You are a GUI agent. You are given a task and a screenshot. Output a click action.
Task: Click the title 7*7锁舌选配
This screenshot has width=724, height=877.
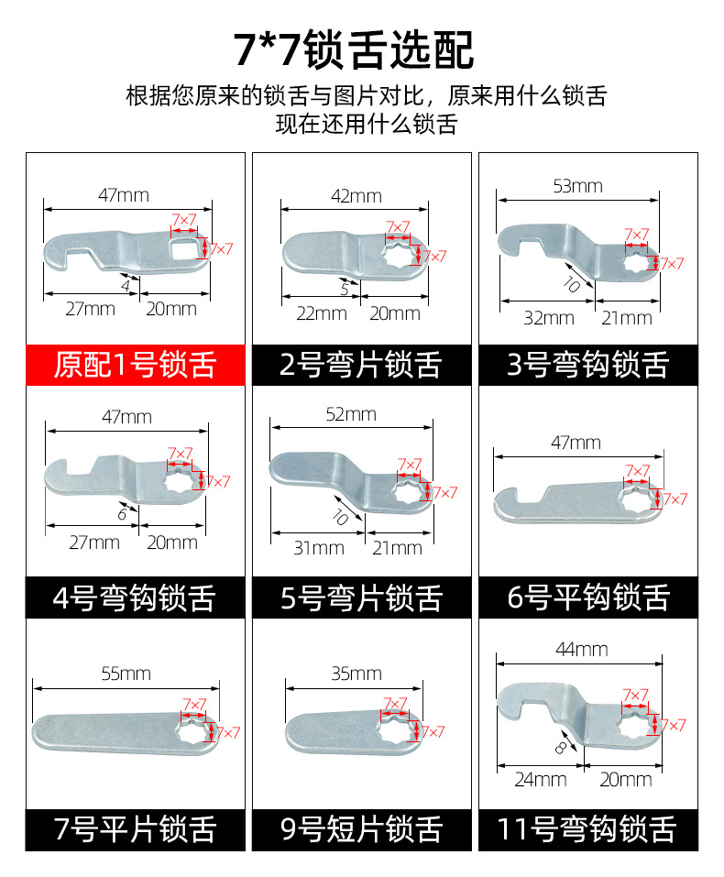(354, 49)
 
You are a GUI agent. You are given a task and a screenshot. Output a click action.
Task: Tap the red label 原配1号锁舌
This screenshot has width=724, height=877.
(135, 364)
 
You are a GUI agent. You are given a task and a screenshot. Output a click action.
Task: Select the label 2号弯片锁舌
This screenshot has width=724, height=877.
(361, 364)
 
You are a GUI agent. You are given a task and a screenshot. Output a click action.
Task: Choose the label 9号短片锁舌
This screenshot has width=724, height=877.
(361, 829)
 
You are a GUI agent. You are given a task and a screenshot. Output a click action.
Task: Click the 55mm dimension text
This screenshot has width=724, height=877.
(126, 674)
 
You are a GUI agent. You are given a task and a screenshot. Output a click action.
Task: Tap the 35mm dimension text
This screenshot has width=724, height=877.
(356, 674)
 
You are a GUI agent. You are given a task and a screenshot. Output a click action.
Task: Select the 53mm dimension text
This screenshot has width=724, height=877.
(578, 186)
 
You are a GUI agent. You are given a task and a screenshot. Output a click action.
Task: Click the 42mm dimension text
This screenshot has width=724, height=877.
(356, 196)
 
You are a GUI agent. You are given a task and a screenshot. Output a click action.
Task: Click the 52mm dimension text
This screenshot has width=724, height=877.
(351, 414)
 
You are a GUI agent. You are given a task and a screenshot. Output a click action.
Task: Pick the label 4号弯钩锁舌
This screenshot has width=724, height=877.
(135, 597)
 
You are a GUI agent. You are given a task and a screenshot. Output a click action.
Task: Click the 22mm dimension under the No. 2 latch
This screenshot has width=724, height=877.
(321, 312)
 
